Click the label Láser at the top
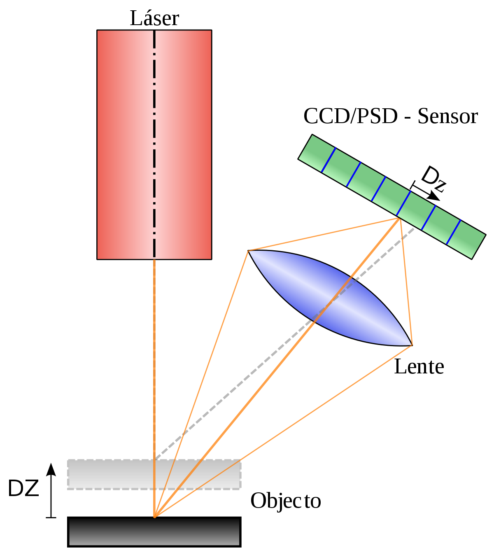pyautogui.click(x=154, y=18)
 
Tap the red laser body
pyautogui.click(x=124, y=144)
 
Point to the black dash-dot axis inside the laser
pyautogui.click(x=154, y=144)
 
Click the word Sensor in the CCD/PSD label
pyautogui.click(x=447, y=116)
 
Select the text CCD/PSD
pyautogui.click(x=350, y=116)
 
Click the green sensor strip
pyautogui.click(x=392, y=196)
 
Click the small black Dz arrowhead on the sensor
pyautogui.click(x=435, y=197)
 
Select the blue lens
pyautogui.click(x=330, y=298)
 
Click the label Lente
pyautogui.click(x=419, y=367)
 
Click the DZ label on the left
pyautogui.click(x=23, y=488)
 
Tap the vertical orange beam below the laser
pyautogui.click(x=154, y=388)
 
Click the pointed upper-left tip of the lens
pyautogui.click(x=248, y=251)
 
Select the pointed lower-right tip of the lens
pyautogui.click(x=412, y=345)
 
